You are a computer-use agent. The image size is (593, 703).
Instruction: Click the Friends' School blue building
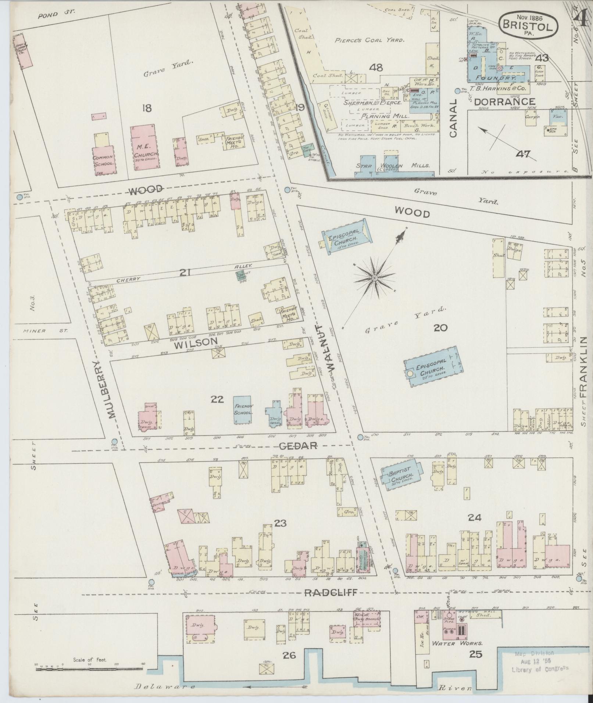pos(242,410)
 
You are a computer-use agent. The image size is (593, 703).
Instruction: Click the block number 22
pos(217,399)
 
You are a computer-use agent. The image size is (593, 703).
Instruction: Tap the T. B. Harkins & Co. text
pos(498,89)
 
